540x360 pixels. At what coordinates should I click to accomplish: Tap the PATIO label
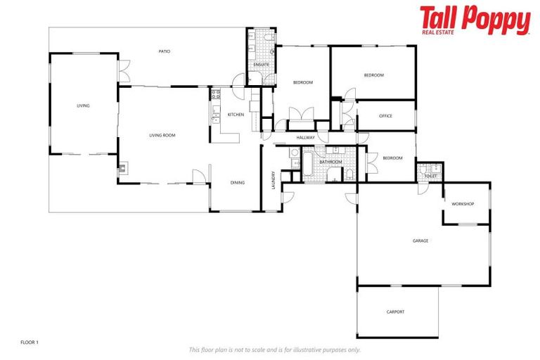(x=165, y=51)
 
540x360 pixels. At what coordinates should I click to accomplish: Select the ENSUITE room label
(x=262, y=65)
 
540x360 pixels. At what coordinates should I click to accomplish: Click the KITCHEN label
(x=236, y=115)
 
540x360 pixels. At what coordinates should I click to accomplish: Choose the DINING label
(x=238, y=183)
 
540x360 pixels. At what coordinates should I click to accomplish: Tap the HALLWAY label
(x=305, y=138)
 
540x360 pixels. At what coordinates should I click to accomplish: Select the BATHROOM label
(x=330, y=162)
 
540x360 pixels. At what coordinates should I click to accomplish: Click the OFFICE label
(x=385, y=116)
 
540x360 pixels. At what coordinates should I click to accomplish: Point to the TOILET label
(x=430, y=176)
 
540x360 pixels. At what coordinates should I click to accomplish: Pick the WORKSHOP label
(x=463, y=204)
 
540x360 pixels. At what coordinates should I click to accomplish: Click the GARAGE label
(x=420, y=241)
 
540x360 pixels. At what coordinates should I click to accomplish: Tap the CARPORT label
(x=395, y=311)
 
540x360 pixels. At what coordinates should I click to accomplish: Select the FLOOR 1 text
(x=30, y=342)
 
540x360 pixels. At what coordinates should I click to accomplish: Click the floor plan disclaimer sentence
(x=275, y=349)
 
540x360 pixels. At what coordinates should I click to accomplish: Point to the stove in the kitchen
(x=216, y=94)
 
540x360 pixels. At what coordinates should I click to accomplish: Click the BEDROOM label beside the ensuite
(x=302, y=83)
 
